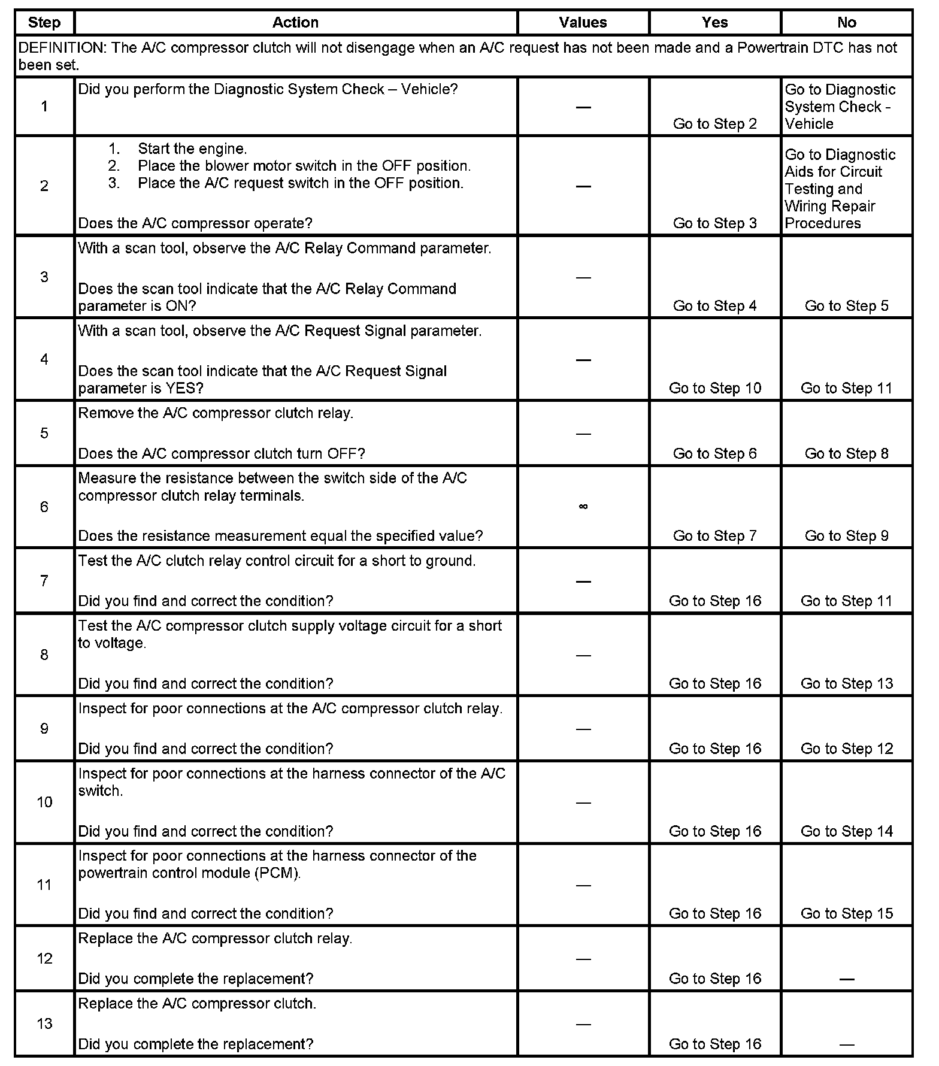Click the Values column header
click(583, 23)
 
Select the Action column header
click(295, 23)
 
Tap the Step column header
click(44, 23)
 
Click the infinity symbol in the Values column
click(583, 507)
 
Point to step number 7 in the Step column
click(44, 580)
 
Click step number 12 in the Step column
click(44, 958)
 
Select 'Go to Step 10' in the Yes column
click(714, 388)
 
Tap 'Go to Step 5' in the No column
click(846, 305)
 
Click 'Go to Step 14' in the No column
click(846, 831)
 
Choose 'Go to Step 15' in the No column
click(846, 913)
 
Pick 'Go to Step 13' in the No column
click(846, 683)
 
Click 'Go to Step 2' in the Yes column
click(714, 123)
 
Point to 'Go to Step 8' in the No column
click(846, 453)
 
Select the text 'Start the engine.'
click(192, 149)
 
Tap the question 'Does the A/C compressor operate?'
click(195, 223)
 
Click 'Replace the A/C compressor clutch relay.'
click(215, 938)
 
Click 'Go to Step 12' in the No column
click(846, 749)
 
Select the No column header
click(846, 23)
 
